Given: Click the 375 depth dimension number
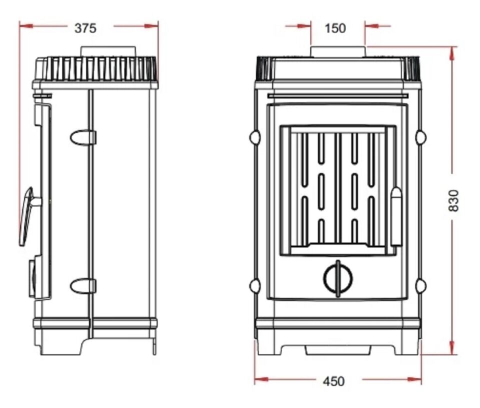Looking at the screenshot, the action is pos(85,28).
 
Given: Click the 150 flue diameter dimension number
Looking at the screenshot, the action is pos(335,28).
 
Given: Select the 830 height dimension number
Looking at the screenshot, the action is pos(454,200).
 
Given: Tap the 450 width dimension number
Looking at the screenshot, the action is pos(333,381).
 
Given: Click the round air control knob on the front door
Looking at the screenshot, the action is pos(338,278).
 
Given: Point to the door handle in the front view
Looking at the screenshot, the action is pos(396,216).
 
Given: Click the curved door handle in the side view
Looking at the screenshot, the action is pos(27,216).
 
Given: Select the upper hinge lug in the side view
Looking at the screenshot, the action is pos(83,137).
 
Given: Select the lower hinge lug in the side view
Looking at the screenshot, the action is pos(83,286).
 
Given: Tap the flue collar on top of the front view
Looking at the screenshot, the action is pos(338,51).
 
